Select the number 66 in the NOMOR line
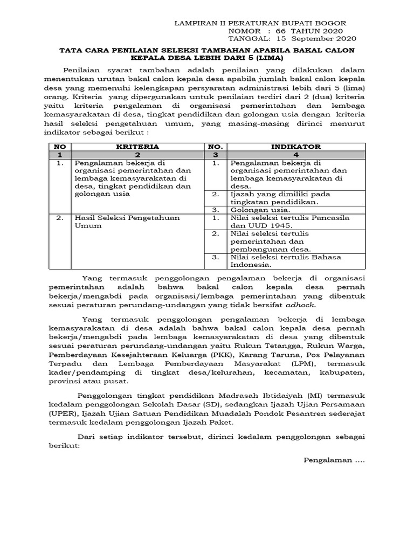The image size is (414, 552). point(281,31)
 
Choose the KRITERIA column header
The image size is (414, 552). point(137,146)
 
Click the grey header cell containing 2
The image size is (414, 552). point(137,154)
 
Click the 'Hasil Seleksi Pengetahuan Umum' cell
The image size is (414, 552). point(127,222)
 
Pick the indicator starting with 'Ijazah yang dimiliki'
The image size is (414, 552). point(280,197)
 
